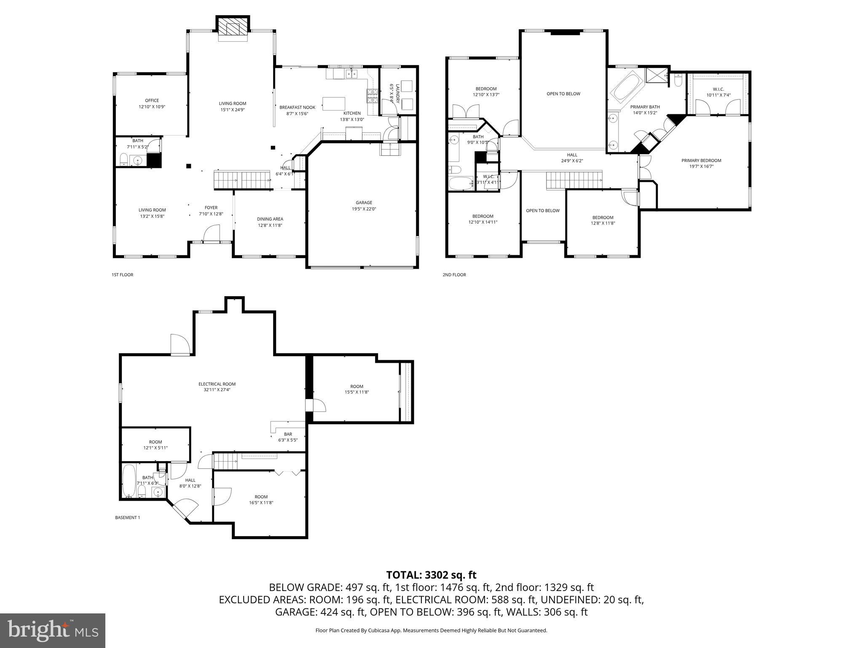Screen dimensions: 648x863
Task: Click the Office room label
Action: point(152,103)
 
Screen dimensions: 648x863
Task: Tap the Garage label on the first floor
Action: point(364,205)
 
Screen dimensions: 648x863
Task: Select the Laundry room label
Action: point(394,93)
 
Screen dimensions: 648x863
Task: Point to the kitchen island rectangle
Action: point(334,103)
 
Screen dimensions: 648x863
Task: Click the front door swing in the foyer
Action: point(212,233)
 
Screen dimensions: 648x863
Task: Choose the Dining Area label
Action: point(270,222)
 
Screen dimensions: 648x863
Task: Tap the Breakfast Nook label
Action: point(297,110)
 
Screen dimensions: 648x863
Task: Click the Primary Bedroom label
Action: point(701,163)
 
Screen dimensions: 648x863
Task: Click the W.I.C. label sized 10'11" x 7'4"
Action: point(718,92)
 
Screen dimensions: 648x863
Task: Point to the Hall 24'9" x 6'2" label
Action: point(572,157)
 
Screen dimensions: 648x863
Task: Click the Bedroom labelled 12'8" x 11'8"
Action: point(603,220)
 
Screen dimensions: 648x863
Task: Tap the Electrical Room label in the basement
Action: point(217,386)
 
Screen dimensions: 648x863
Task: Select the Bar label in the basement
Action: point(288,437)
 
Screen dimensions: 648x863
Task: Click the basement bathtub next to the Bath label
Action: point(129,481)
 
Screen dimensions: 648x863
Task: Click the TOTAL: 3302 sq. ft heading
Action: point(431,575)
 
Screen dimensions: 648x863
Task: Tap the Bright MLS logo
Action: point(53,630)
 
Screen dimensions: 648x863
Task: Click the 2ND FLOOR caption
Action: point(454,275)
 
